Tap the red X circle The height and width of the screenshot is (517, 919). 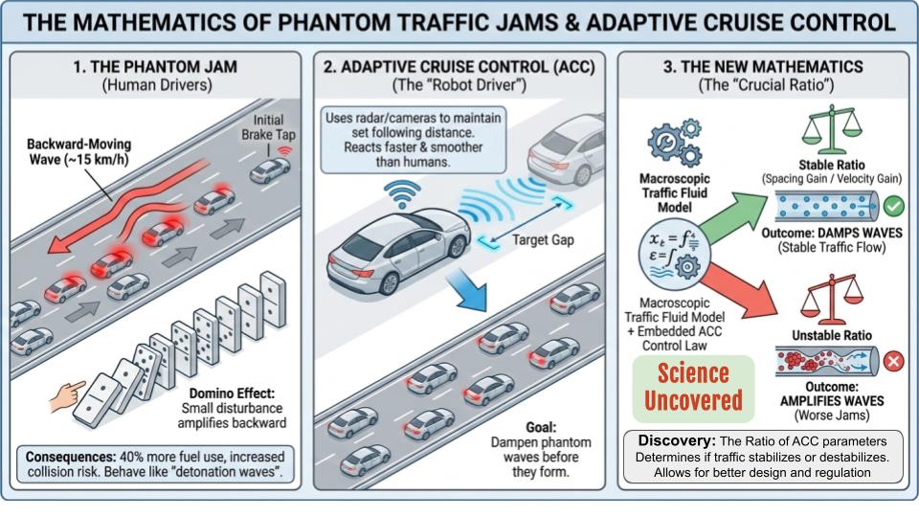(893, 363)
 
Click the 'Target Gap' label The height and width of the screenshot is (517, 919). (543, 240)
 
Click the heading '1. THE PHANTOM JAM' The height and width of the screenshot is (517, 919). (157, 67)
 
